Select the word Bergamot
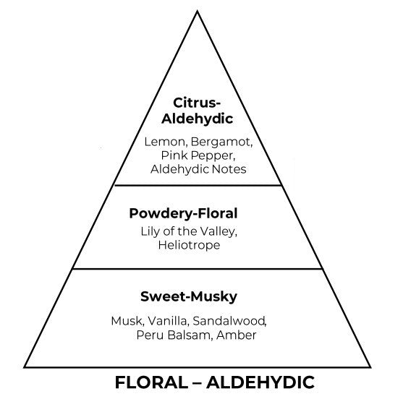221,142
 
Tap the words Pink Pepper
197,156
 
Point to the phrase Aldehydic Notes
198,169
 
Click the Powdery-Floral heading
183,214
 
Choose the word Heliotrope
189,246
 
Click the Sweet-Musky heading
189,297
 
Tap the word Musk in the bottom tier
127,322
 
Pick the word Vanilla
167,322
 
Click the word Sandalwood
229,322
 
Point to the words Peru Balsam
172,335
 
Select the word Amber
237,335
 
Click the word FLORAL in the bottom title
151,382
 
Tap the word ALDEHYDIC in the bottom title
260,382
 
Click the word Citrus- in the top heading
197,103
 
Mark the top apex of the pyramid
197,11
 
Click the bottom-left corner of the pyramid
24,367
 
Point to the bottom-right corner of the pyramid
370,367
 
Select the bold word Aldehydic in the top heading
197,119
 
